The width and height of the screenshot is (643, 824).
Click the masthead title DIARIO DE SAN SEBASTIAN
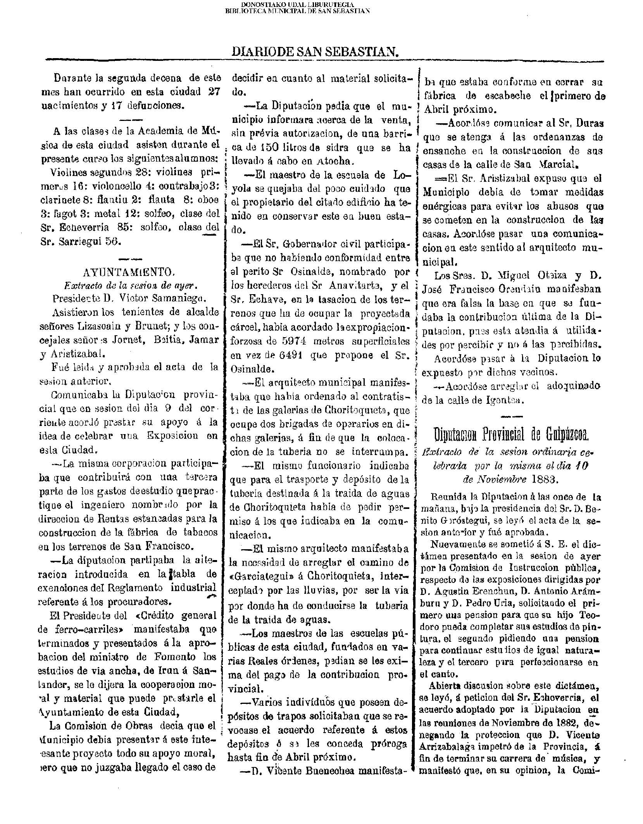pyautogui.click(x=315, y=52)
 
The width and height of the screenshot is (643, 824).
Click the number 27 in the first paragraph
pyautogui.click(x=212, y=92)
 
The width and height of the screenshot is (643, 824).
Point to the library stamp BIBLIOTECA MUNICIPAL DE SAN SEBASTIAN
pyautogui.click(x=297, y=11)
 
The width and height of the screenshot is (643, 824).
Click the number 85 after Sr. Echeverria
pyautogui.click(x=123, y=228)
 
